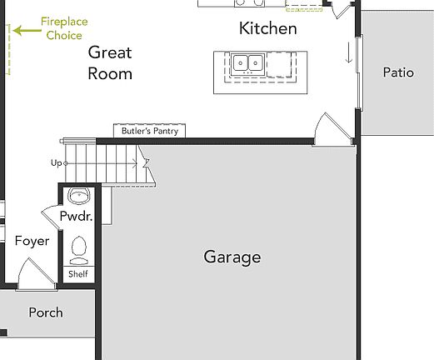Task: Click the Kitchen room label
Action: click(267, 29)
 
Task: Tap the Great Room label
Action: click(110, 63)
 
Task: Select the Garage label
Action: click(232, 257)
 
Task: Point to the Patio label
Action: click(397, 72)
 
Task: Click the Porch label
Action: click(46, 313)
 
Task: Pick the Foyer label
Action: click(32, 242)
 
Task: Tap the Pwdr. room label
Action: click(75, 217)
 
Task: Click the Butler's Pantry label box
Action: click(150, 132)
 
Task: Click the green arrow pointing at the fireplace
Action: click(27, 31)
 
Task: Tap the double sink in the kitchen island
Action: click(247, 62)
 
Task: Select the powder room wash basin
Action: click(80, 197)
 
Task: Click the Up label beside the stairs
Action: click(56, 162)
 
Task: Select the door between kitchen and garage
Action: click(329, 129)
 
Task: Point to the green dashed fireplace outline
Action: click(10, 50)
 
